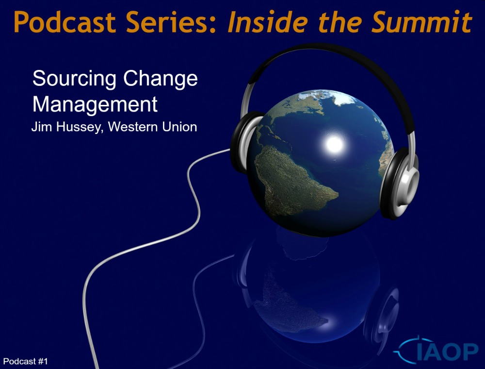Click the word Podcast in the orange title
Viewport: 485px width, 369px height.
tap(65, 22)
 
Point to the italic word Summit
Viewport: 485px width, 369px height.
tap(422, 22)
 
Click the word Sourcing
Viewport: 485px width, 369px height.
tap(74, 79)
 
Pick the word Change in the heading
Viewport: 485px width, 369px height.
tap(160, 79)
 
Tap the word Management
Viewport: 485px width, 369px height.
tap(95, 105)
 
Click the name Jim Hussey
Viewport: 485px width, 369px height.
tap(67, 127)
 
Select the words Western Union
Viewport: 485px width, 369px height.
tap(152, 127)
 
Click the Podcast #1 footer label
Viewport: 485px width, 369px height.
tap(25, 361)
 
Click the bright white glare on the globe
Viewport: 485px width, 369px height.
tap(335, 144)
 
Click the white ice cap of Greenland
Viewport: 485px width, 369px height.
tap(343, 97)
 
